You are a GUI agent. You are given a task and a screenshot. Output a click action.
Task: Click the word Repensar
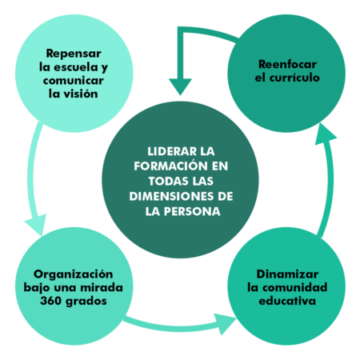point(74,54)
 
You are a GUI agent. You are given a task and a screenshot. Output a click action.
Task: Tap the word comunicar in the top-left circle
point(74,81)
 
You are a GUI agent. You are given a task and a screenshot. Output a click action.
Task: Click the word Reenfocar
point(287,64)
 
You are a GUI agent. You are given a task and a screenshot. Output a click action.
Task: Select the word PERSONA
point(192,211)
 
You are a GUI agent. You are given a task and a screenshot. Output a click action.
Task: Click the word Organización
point(74,274)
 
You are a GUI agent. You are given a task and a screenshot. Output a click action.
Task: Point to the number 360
point(50,301)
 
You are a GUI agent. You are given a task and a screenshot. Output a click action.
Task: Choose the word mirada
point(102,288)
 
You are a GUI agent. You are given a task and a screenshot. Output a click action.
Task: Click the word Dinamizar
point(287,274)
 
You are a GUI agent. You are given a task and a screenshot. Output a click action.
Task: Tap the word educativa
point(287,301)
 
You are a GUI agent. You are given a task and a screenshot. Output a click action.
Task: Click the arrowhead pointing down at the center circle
point(180,86)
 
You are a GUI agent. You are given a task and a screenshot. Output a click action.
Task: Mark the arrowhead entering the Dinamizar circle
point(225,324)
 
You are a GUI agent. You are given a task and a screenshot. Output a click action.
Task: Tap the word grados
point(86,302)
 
